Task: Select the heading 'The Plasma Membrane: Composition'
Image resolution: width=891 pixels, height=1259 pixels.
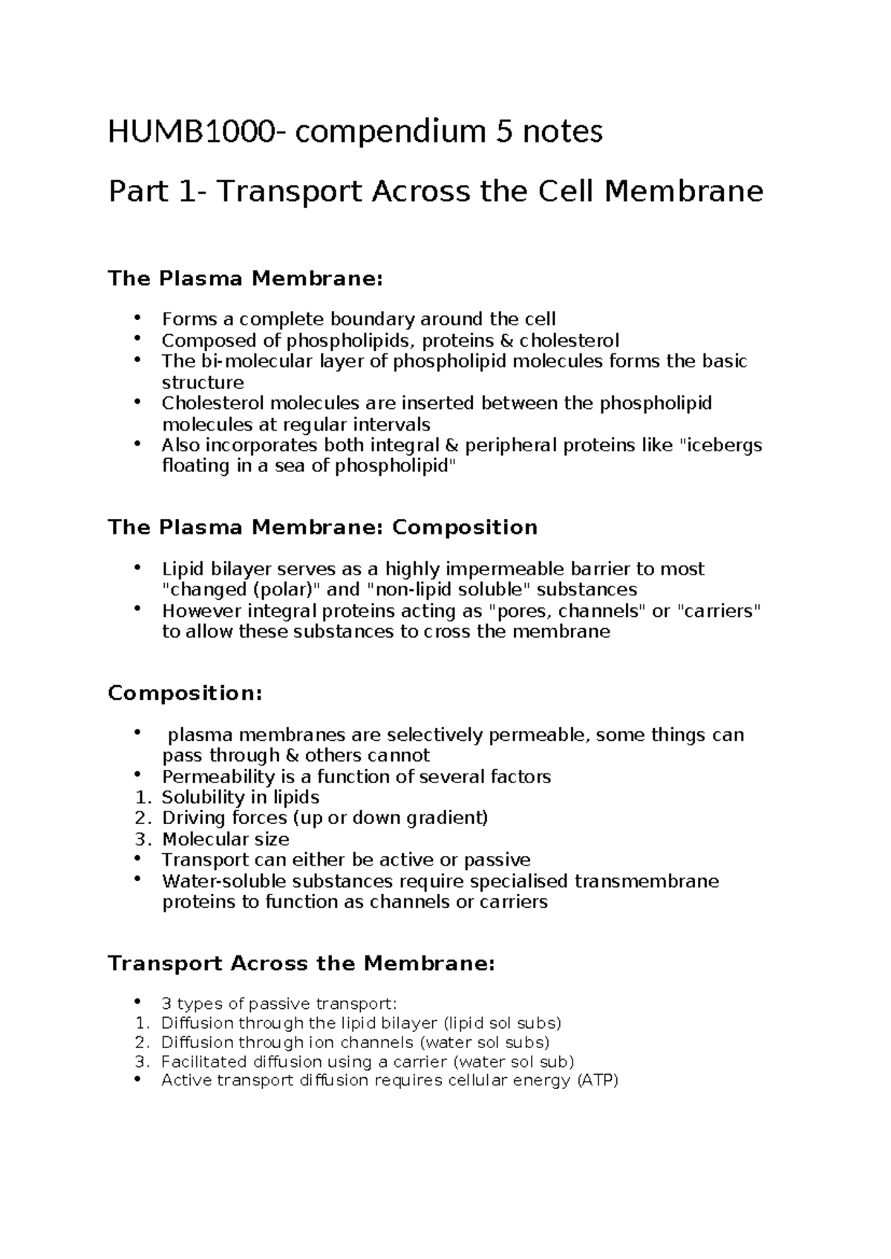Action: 322,528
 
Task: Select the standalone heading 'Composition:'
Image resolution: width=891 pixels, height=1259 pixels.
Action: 185,693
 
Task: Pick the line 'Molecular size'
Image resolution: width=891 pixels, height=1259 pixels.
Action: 226,840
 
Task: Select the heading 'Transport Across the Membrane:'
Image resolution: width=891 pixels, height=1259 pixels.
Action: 301,964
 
